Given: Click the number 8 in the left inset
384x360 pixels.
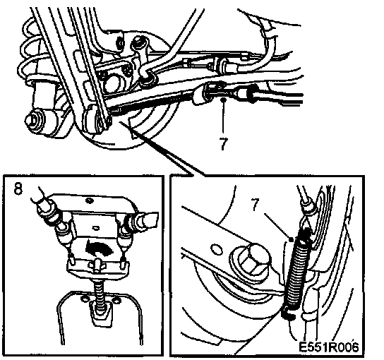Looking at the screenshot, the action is (x=18, y=188).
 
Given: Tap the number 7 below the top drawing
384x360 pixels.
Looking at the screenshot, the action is (x=223, y=143).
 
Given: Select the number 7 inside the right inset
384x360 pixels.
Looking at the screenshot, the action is (x=256, y=205).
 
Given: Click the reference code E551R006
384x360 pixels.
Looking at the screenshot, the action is (x=329, y=347).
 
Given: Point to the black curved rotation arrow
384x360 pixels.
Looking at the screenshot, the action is (x=99, y=248).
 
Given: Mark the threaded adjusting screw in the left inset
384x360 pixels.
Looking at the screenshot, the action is (x=100, y=299).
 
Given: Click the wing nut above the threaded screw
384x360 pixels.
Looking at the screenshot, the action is (x=97, y=265).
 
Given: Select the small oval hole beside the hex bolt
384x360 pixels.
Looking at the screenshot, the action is (x=217, y=250).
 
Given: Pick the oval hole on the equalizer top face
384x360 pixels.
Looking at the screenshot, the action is (x=90, y=200).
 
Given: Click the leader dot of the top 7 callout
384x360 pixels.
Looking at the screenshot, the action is (x=223, y=100).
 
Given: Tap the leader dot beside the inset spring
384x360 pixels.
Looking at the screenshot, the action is (x=292, y=239).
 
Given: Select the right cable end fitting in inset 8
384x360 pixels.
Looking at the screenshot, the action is (x=142, y=220).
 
